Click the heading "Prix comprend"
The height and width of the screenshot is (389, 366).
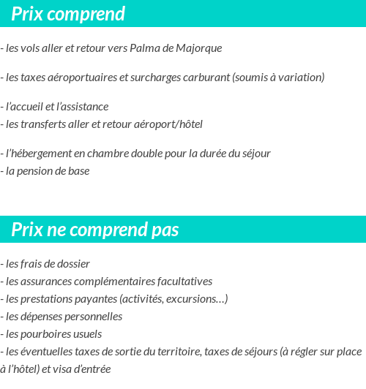pyautogui.click(x=68, y=14)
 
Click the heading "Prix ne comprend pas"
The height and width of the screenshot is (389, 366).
pyautogui.click(x=95, y=230)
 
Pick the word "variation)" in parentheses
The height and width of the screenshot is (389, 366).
pyautogui.click(x=300, y=78)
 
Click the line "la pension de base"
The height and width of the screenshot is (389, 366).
pyautogui.click(x=48, y=171)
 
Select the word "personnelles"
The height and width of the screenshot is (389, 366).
pyautogui.click(x=93, y=317)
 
